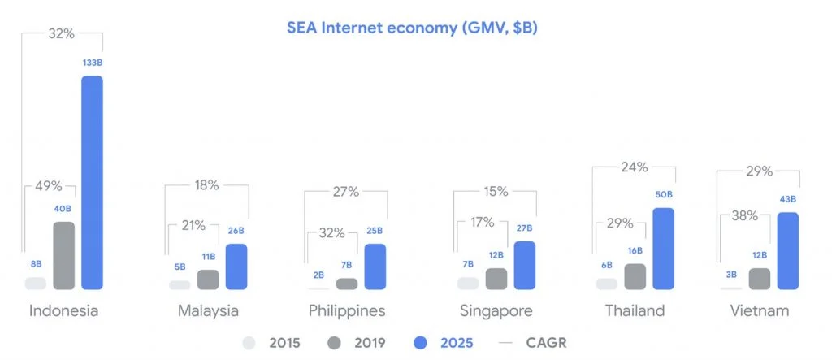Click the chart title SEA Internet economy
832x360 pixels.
[412, 28]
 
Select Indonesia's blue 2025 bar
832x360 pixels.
[92, 183]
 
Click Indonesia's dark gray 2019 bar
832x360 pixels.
[63, 255]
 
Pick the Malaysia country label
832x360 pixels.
[208, 311]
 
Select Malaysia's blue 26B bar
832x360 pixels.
[236, 267]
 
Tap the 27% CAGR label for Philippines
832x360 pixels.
[346, 193]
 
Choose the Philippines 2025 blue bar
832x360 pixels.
[375, 267]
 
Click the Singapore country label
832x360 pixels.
[496, 311]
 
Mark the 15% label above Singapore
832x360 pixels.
[496, 192]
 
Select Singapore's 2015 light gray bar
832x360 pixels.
[468, 283]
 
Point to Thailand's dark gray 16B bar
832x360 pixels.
[635, 276]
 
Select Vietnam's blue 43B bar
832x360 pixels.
[788, 251]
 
